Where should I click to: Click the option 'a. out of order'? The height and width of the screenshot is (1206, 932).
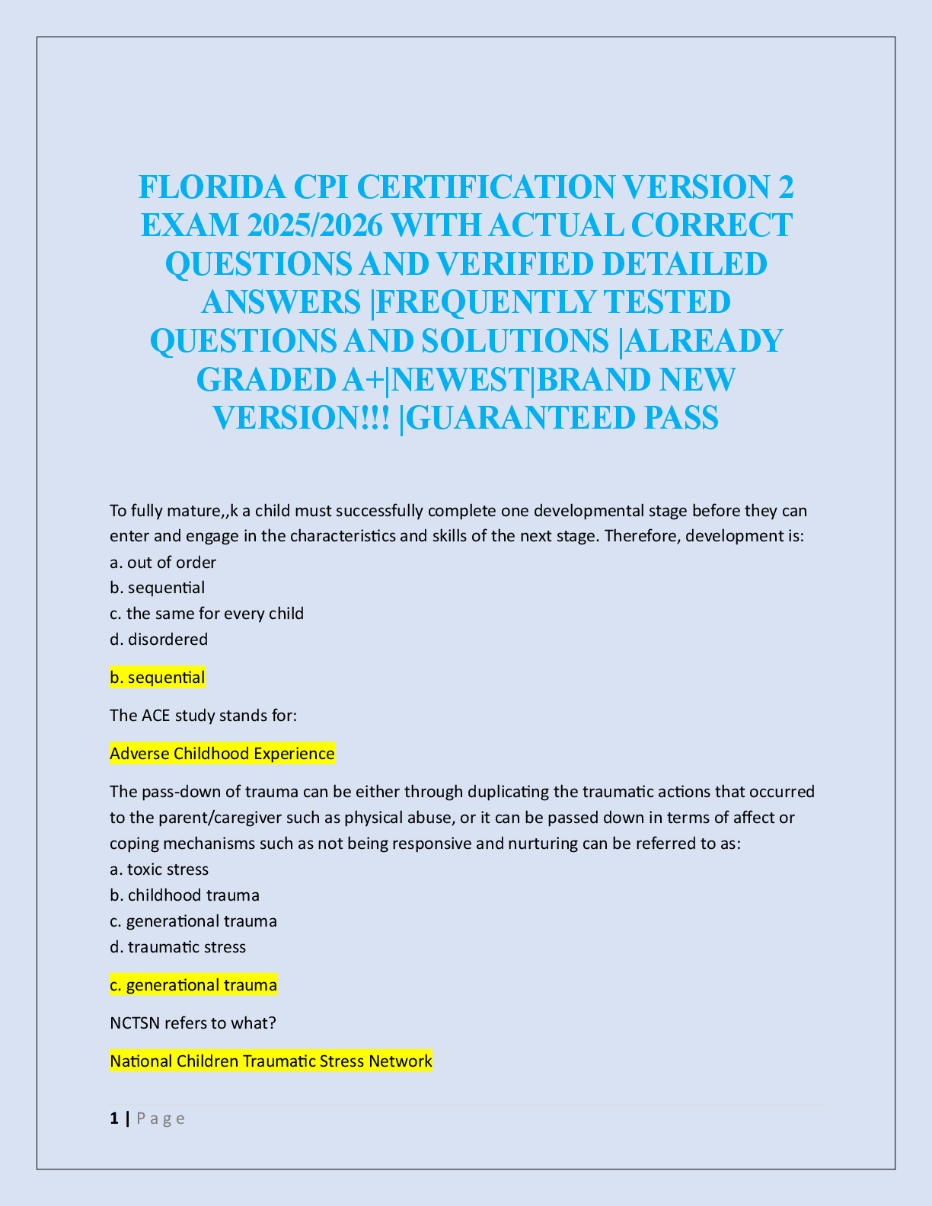pyautogui.click(x=163, y=563)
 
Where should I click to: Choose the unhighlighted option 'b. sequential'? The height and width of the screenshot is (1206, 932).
pyautogui.click(x=158, y=588)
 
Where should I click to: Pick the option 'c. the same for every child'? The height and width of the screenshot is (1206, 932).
pyautogui.click(x=207, y=614)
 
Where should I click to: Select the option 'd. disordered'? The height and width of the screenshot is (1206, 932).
pyautogui.click(x=159, y=640)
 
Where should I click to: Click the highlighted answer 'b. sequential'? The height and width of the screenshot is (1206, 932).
pyautogui.click(x=158, y=678)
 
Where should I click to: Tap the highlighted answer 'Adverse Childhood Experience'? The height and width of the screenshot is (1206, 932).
pyautogui.click(x=222, y=754)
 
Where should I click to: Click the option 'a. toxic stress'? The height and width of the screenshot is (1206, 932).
pyautogui.click(x=159, y=869)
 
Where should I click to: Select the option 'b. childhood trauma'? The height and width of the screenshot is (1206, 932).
pyautogui.click(x=185, y=895)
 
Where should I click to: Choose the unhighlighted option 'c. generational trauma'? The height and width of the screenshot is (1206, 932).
pyautogui.click(x=193, y=921)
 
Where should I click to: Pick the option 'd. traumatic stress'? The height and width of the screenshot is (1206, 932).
pyautogui.click(x=178, y=947)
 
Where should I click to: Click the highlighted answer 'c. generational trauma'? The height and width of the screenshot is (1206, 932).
pyautogui.click(x=193, y=985)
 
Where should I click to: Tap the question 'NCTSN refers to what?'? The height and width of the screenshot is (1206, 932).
pyautogui.click(x=193, y=1023)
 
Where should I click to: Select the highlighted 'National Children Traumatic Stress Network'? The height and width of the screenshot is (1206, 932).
pyautogui.click(x=271, y=1061)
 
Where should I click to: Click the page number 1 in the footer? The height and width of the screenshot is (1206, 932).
pyautogui.click(x=114, y=1118)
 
